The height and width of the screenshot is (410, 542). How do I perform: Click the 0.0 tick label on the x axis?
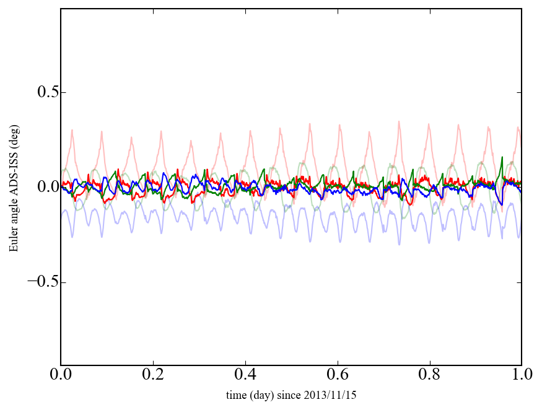point(61,375)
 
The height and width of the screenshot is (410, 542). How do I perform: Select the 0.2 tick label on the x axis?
point(153,375)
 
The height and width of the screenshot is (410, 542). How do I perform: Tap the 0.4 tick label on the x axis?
point(245,375)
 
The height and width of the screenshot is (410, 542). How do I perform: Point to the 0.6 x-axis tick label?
point(338,375)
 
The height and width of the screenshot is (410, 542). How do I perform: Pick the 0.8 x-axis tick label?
point(430,375)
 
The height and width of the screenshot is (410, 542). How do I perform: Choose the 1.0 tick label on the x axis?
point(522,375)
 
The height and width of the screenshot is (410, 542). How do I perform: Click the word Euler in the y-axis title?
point(14,239)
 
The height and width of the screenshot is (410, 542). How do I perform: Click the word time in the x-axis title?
point(236,395)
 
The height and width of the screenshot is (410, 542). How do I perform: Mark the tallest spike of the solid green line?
point(502,157)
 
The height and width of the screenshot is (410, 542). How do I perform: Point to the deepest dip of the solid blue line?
point(500,204)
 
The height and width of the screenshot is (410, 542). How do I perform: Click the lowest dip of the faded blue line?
point(399,244)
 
